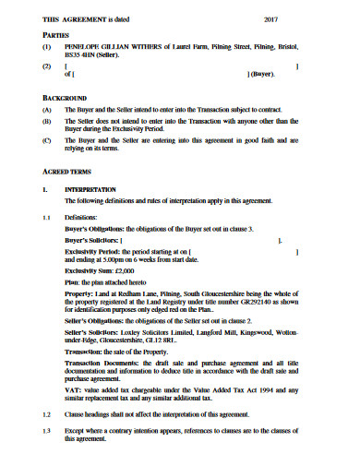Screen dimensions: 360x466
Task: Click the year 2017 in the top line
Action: coord(271,19)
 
